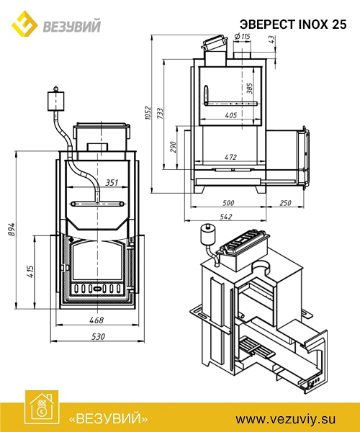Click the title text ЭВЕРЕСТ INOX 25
pyautogui.click(x=293, y=24)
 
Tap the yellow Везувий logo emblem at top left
pyautogui.click(x=24, y=24)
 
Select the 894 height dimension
pyautogui.click(x=11, y=229)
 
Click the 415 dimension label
pyautogui.click(x=30, y=271)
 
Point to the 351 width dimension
pyautogui.click(x=112, y=182)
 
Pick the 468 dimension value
pyautogui.click(x=96, y=320)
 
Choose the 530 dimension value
pyautogui.click(x=98, y=336)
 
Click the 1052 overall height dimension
pyautogui.click(x=148, y=112)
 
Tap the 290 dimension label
pyautogui.click(x=172, y=147)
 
